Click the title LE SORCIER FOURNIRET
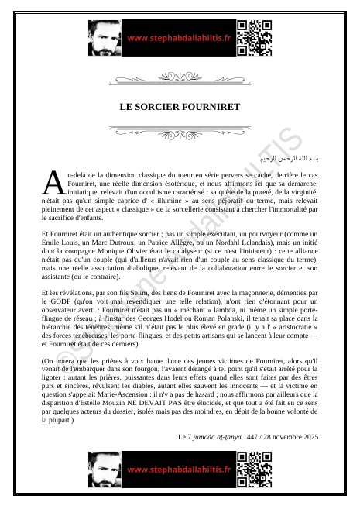(180, 107)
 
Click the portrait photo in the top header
(105, 37)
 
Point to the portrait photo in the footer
(105, 468)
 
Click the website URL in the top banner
(179, 37)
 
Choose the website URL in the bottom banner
(179, 469)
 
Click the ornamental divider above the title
(180, 77)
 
